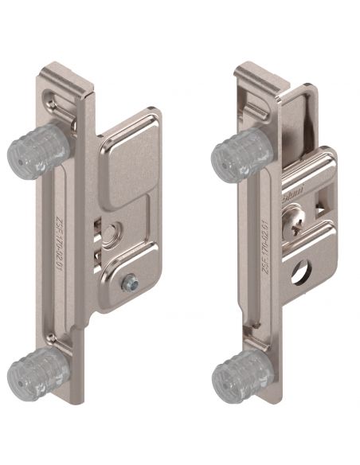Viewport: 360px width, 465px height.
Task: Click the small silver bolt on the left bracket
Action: click(x=129, y=282)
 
